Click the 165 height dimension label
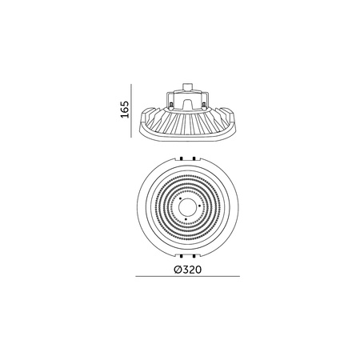point(126,109)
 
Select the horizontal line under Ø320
point(186,278)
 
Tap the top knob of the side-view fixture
point(186,84)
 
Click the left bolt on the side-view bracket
point(170,102)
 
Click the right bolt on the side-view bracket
point(204,102)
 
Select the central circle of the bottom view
point(186,205)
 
